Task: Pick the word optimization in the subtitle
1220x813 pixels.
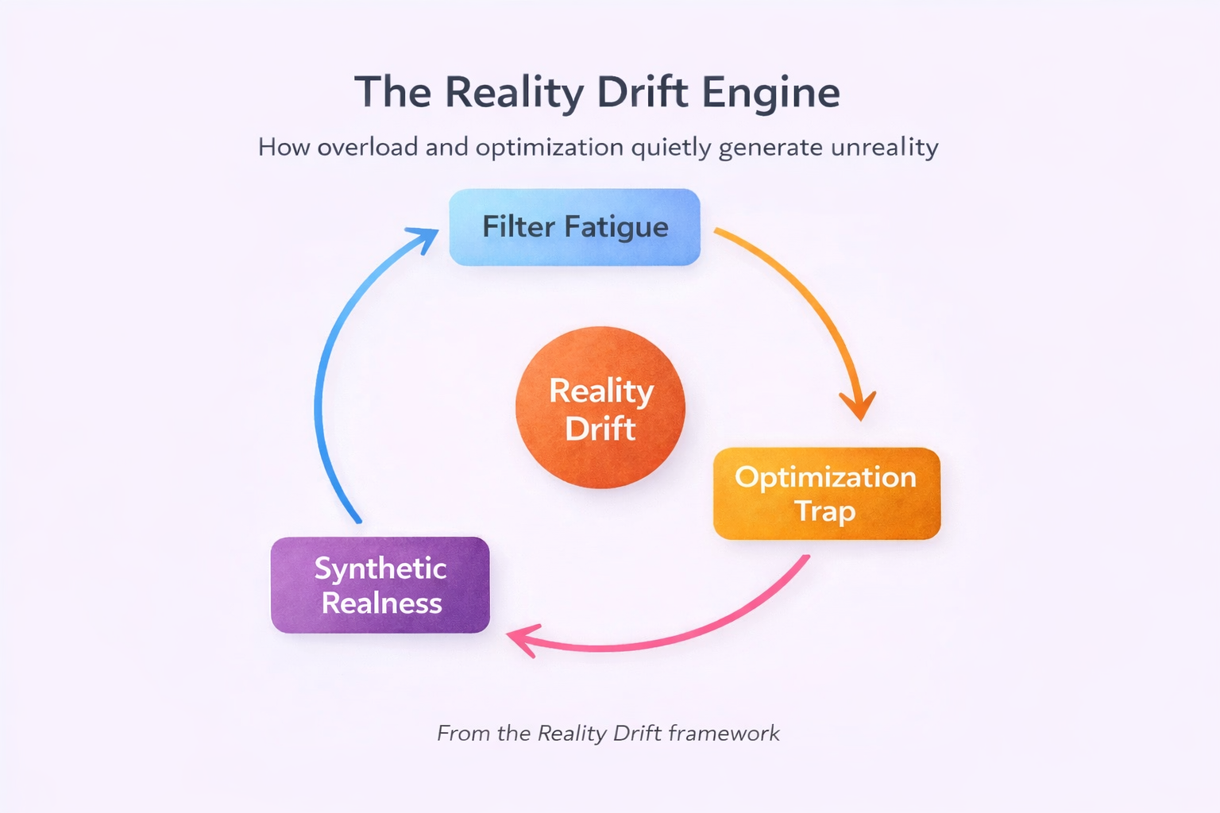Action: pyautogui.click(x=550, y=148)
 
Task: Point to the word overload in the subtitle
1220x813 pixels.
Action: pyautogui.click(x=367, y=148)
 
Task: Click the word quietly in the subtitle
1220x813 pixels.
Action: pyautogui.click(x=671, y=148)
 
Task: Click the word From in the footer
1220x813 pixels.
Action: pyautogui.click(x=463, y=733)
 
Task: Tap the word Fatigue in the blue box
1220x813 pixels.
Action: pyautogui.click(x=616, y=227)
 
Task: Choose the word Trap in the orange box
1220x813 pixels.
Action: pyautogui.click(x=825, y=511)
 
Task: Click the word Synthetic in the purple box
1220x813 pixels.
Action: pyautogui.click(x=380, y=568)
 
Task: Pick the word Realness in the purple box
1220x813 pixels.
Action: pyautogui.click(x=381, y=603)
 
